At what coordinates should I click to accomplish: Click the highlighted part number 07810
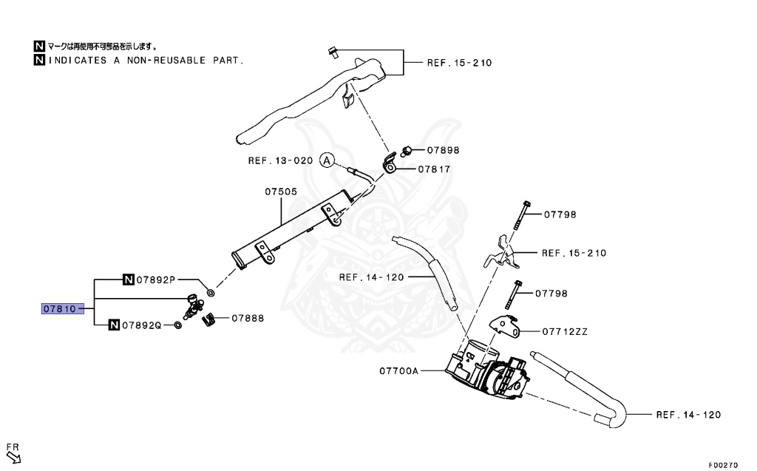[x=58, y=308]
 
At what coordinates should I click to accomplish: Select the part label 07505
[x=281, y=192]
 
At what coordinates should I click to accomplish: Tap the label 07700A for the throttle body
[x=400, y=370]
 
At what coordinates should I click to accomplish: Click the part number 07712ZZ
[x=565, y=332]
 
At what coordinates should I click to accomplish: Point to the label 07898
[x=442, y=150]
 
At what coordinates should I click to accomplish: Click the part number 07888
[x=248, y=319]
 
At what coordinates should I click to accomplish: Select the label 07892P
[x=155, y=280]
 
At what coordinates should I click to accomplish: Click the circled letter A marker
[x=327, y=160]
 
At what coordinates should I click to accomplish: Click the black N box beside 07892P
[x=128, y=280]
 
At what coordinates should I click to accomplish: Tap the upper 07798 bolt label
[x=560, y=215]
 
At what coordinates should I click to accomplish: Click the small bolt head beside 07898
[x=406, y=151]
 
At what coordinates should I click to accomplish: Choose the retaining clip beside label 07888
[x=209, y=319]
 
